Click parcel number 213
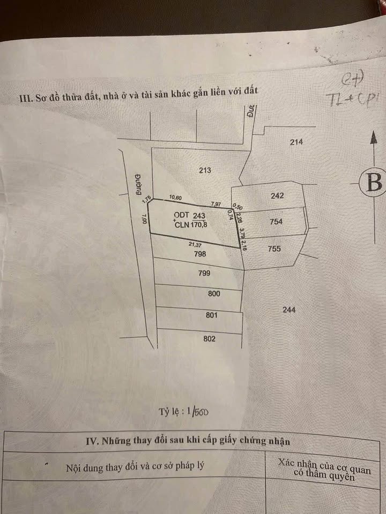click(205, 171)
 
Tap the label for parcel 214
click(296, 142)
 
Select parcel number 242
click(277, 196)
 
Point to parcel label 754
click(276, 221)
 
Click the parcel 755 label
click(274, 248)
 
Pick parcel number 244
click(288, 309)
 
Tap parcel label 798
click(198, 254)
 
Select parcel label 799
click(204, 273)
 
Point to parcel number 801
click(212, 315)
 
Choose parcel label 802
click(210, 338)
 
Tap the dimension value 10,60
click(176, 198)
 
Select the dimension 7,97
click(216, 204)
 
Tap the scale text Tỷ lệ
click(170, 412)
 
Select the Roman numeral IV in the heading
click(92, 441)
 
